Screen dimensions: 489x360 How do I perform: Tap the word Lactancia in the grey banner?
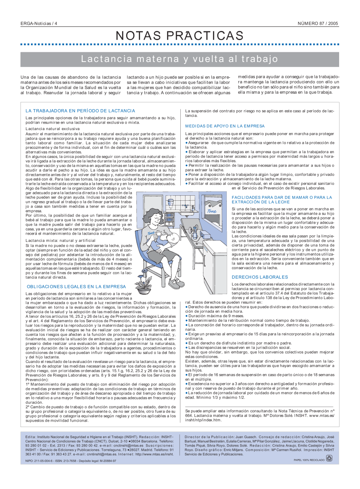click(107, 59)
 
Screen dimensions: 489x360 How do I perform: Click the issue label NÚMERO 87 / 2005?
click(318, 23)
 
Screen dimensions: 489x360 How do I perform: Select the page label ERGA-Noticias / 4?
click(39, 23)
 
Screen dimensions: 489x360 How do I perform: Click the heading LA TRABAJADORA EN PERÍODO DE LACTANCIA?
click(80, 111)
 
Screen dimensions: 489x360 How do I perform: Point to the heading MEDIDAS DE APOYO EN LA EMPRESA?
click(225, 126)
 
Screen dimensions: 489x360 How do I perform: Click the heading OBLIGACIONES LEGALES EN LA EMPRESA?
click(76, 286)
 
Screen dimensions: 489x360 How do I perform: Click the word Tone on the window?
click(212, 212)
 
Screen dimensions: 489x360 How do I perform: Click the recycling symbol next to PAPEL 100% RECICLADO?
click(329, 458)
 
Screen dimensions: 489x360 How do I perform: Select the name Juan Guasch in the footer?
click(246, 437)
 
